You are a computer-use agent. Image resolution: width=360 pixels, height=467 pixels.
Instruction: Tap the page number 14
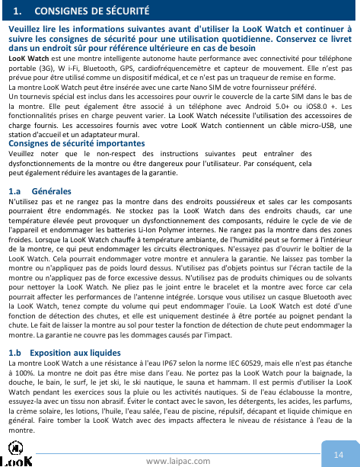point(339,434)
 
